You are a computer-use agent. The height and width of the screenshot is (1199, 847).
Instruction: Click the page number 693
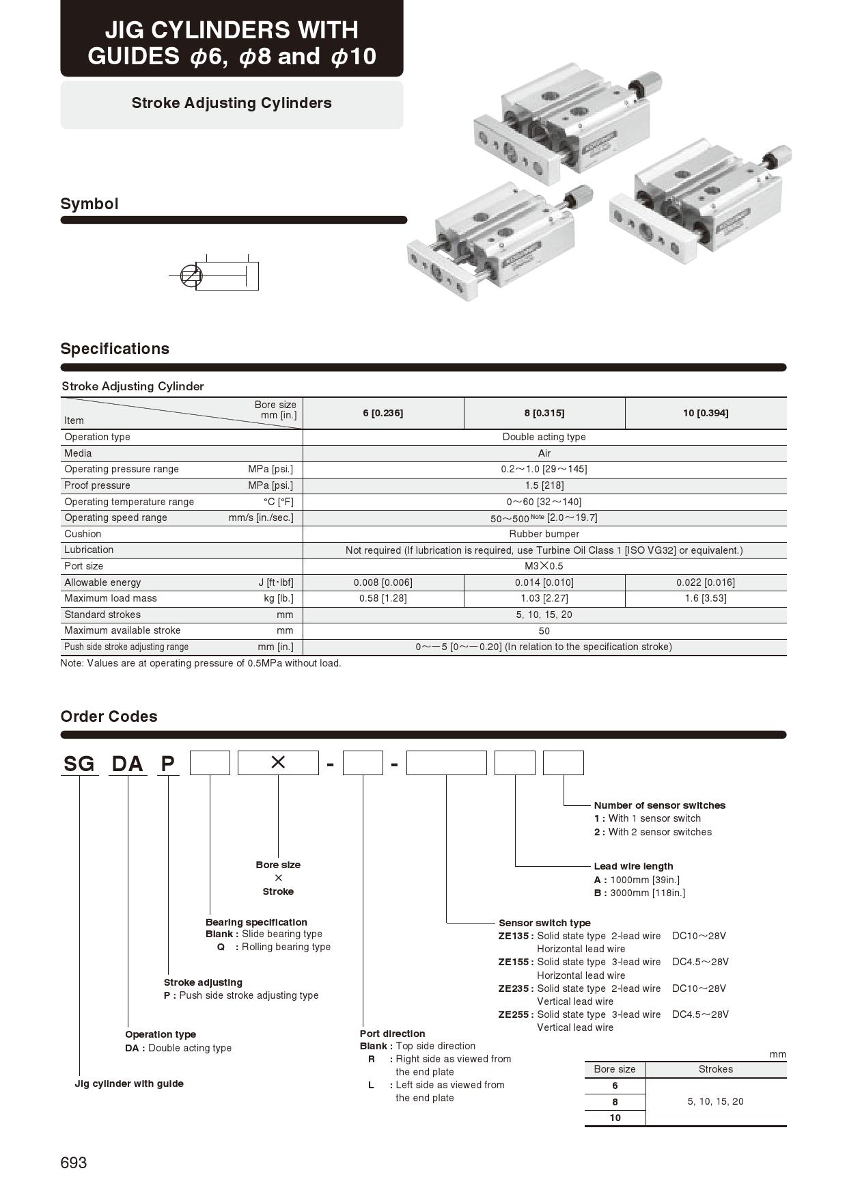tap(74, 1163)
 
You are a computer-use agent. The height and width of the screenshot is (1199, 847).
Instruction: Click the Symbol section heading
tap(89, 204)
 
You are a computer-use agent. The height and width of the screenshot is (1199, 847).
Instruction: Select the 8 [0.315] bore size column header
tap(544, 413)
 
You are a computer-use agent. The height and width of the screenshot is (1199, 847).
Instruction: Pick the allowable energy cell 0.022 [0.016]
tap(706, 582)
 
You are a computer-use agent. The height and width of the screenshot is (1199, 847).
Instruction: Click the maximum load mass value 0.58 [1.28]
tap(383, 598)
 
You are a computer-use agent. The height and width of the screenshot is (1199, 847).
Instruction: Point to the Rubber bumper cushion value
tap(544, 534)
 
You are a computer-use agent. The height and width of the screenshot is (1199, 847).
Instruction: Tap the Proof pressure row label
tap(97, 485)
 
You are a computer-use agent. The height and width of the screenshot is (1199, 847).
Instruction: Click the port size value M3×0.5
tap(544, 566)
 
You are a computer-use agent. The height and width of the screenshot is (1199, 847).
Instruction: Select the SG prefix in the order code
tap(79, 764)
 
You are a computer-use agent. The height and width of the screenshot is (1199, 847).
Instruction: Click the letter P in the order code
tap(167, 764)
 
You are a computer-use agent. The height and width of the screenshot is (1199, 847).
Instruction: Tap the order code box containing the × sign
tap(278, 763)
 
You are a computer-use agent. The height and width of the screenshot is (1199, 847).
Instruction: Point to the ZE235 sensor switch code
tap(514, 988)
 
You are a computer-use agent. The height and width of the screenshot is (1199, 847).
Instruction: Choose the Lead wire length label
tap(633, 866)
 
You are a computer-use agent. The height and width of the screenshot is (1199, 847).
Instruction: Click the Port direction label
tap(392, 1034)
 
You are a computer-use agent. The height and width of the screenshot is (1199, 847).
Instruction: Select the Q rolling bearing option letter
tap(221, 947)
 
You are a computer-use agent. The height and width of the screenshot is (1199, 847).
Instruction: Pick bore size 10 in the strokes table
tap(615, 1118)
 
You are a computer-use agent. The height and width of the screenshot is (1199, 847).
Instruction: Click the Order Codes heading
tap(109, 716)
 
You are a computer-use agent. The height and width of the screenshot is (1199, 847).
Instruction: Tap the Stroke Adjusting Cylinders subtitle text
tap(232, 103)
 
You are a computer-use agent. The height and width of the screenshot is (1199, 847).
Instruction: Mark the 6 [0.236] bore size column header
tap(383, 413)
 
